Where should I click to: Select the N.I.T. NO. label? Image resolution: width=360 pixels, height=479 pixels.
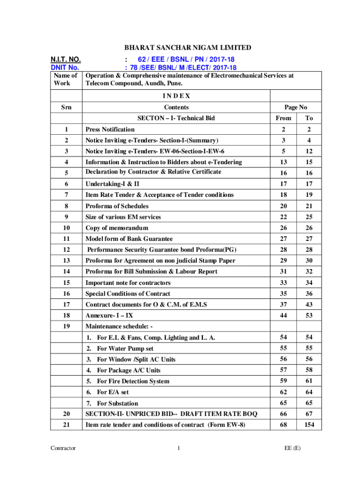tap(65, 59)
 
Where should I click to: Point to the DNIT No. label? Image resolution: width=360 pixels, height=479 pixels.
tap(65, 67)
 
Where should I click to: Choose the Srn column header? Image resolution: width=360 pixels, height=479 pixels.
tap(66, 107)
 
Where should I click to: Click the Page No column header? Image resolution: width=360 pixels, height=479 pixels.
tap(295, 107)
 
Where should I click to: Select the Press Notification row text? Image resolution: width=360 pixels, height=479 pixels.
tap(110, 129)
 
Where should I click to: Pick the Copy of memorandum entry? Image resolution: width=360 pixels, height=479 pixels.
tap(116, 228)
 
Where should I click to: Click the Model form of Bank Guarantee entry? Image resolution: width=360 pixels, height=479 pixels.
tap(129, 239)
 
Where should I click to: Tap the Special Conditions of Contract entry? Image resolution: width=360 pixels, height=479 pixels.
tap(127, 294)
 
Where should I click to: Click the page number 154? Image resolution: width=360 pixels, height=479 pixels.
tap(309, 424)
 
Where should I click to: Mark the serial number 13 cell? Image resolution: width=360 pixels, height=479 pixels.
tap(66, 261)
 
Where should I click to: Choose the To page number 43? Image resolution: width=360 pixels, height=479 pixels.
tap(309, 305)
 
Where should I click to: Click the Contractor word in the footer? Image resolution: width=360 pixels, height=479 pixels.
tap(64, 448)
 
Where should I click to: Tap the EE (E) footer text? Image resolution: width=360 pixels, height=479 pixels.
tap(292, 448)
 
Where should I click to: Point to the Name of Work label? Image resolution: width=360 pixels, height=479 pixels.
tap(66, 79)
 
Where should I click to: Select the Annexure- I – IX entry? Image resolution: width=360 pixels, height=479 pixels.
tap(108, 316)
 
